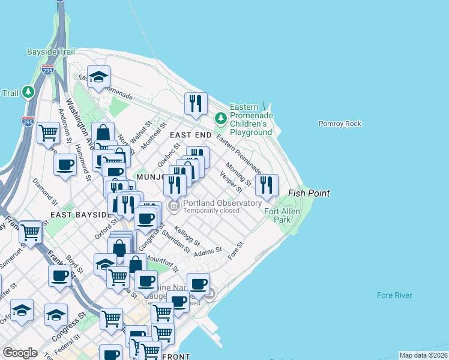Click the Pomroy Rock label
coord(340,124)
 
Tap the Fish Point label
coord(309,193)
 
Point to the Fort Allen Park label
coord(278,215)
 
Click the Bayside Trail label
coord(50,52)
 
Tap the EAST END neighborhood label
coord(190,136)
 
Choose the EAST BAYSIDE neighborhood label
coord(79,214)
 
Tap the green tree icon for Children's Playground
coord(221,118)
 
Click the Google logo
coord(20,352)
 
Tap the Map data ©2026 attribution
coord(423,355)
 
